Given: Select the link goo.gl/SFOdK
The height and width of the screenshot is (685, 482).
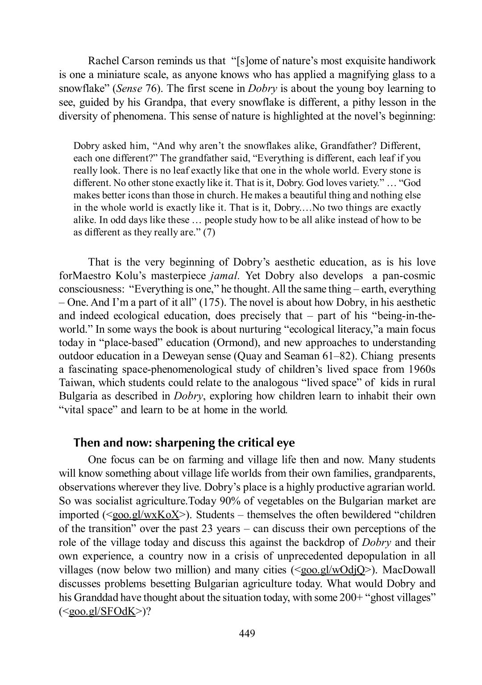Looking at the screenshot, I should [102, 611].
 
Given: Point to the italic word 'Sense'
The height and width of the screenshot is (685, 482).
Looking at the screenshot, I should [116, 88].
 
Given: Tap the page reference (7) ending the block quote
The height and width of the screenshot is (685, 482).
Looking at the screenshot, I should [209, 232].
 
